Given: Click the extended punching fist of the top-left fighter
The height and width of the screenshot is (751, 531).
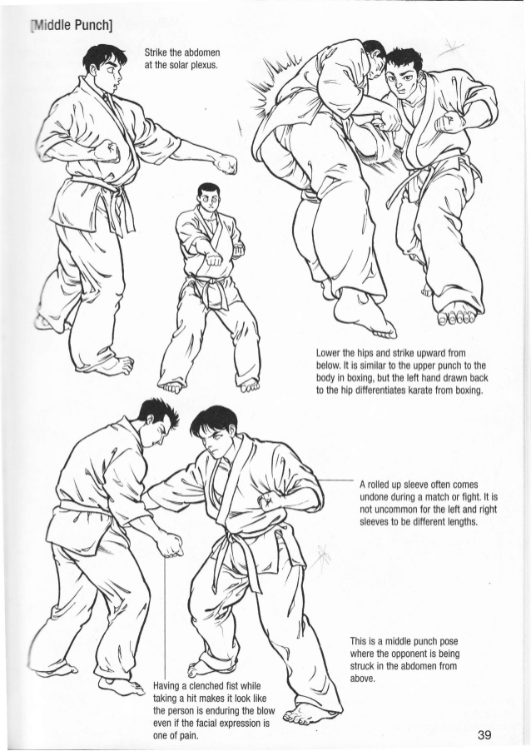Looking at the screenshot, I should tap(226, 164).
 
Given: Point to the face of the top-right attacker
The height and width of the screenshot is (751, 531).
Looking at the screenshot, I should tap(407, 82).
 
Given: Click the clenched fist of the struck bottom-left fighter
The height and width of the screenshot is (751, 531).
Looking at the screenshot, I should tap(170, 544).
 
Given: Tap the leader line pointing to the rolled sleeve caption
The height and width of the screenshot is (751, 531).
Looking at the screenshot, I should tap(336, 481).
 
